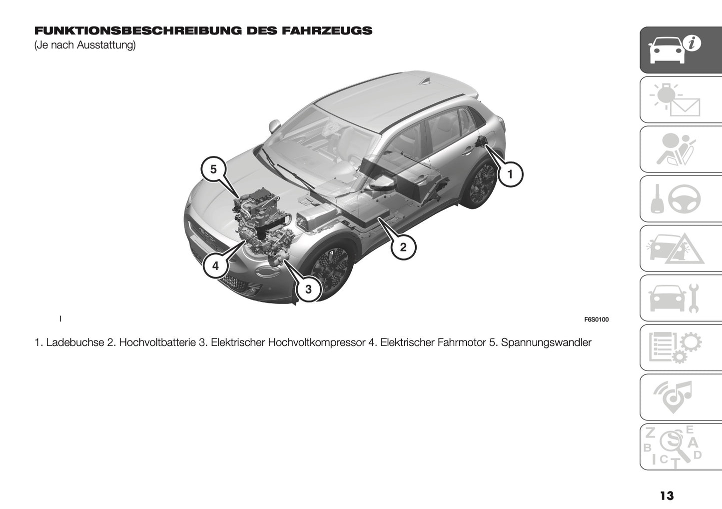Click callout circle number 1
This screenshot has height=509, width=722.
509,174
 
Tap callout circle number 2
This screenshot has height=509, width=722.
403,246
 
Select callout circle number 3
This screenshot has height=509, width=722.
308,289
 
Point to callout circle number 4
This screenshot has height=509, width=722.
215,266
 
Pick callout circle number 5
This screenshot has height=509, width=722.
213,169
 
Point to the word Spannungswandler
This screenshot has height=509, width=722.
546,342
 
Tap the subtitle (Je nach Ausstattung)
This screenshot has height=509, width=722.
85,45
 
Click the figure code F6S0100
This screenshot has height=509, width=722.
596,319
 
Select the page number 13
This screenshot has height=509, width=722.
667,495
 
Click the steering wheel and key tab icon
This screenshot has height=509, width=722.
681,199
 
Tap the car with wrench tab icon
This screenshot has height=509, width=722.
681,298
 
